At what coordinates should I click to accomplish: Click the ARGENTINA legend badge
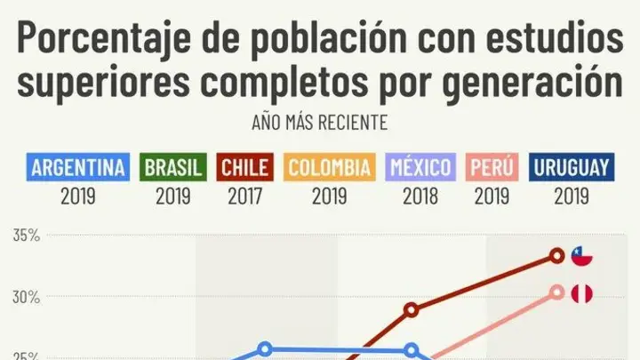78,167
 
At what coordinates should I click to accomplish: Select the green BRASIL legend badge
173,167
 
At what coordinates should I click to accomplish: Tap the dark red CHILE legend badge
245,167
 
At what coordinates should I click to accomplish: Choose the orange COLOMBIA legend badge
330,167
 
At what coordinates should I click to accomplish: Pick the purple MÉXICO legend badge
420,167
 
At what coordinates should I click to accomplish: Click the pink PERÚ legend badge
492,167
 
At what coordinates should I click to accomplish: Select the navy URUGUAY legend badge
572,167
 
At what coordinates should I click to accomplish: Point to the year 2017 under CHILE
245,196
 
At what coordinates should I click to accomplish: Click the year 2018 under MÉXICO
420,196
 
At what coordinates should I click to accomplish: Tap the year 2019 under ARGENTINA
78,196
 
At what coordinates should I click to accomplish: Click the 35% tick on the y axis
27,236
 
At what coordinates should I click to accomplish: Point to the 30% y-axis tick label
27,298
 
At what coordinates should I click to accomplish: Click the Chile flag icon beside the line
581,256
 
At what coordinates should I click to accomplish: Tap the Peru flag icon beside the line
581,294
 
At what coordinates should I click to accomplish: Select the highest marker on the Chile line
556,256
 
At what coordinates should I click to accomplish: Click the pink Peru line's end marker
556,292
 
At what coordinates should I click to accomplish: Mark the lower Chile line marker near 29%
412,310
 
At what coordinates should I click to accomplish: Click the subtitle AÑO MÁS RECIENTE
320,123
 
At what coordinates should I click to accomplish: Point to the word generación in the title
532,82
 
